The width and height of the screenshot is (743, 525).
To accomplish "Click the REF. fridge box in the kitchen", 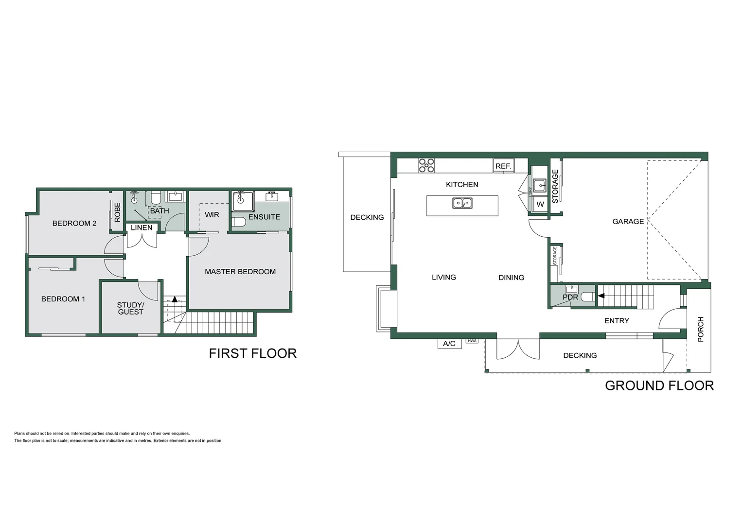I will [x=503, y=166].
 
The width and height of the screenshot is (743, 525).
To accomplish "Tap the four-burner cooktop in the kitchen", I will [x=426, y=165].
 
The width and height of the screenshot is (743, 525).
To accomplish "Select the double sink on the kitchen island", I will [x=462, y=203].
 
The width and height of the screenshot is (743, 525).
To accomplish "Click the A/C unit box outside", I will [x=449, y=344].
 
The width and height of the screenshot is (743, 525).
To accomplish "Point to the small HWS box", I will [x=472, y=341].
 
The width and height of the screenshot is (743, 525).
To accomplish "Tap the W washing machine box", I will [x=540, y=204].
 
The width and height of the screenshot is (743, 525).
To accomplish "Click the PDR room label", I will [x=570, y=297].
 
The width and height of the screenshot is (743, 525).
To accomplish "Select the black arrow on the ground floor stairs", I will [x=601, y=296].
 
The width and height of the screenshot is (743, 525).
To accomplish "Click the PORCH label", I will [x=701, y=329].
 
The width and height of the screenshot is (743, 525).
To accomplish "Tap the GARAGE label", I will [x=628, y=222].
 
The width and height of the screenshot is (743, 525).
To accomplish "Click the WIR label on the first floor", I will [x=212, y=215].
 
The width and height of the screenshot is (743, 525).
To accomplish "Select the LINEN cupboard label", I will [x=142, y=227].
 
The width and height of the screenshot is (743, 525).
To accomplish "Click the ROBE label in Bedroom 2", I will [x=117, y=212].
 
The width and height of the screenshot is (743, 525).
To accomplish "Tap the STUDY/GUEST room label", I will [x=130, y=309].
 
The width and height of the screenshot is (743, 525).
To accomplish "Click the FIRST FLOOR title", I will [x=252, y=353].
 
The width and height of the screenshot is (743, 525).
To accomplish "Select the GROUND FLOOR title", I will [x=659, y=385].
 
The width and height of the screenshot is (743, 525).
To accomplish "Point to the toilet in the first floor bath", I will [x=156, y=198].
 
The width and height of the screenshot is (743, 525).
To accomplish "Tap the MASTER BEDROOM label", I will [x=240, y=272].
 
